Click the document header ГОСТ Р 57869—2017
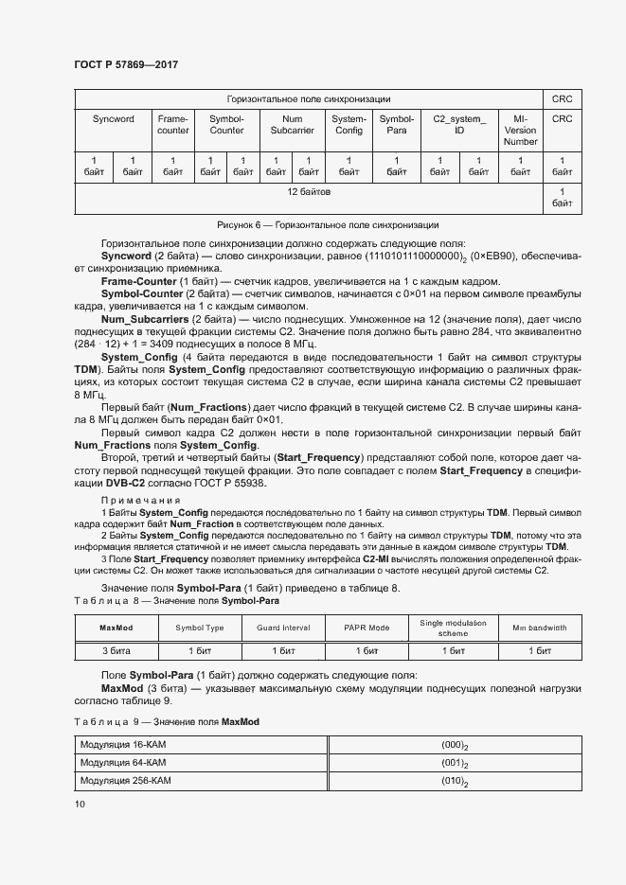126,64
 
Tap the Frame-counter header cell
172,125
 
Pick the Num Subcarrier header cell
293,125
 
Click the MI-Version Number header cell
520,131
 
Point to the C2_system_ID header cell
459,125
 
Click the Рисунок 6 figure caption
328,225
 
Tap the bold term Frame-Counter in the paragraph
138,281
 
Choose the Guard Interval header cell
283,628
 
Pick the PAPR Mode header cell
367,628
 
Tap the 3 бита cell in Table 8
116,651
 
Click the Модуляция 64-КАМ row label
123,762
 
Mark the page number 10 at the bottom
80,805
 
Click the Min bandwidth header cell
540,628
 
